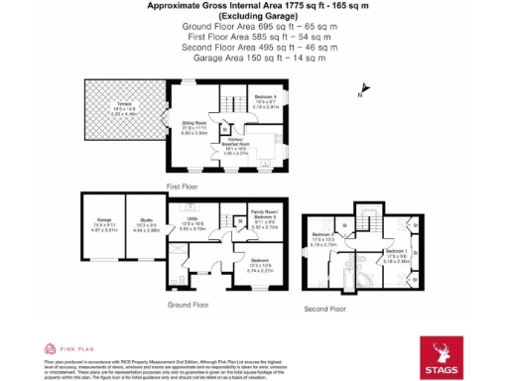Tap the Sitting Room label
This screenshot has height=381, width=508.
(x=194, y=127)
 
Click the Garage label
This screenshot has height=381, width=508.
(x=104, y=223)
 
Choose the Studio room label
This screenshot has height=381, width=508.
(x=146, y=223)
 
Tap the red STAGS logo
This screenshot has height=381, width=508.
(x=441, y=355)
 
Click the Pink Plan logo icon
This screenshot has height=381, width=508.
(x=48, y=349)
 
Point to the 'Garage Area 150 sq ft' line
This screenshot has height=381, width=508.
(x=255, y=58)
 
